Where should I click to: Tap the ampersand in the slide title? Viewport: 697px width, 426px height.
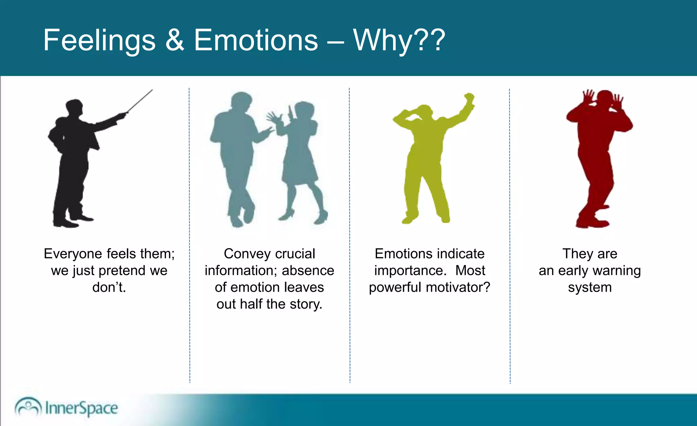click(175, 40)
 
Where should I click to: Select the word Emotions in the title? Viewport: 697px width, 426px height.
click(256, 40)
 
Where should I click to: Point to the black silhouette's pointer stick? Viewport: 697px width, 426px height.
click(140, 101)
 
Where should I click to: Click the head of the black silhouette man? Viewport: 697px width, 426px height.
click(74, 108)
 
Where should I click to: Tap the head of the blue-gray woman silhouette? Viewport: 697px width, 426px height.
click(304, 111)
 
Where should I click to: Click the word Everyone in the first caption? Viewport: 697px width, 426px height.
click(73, 254)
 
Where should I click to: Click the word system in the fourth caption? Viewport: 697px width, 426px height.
click(590, 288)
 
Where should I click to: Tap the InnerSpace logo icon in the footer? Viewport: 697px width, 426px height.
click(28, 407)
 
